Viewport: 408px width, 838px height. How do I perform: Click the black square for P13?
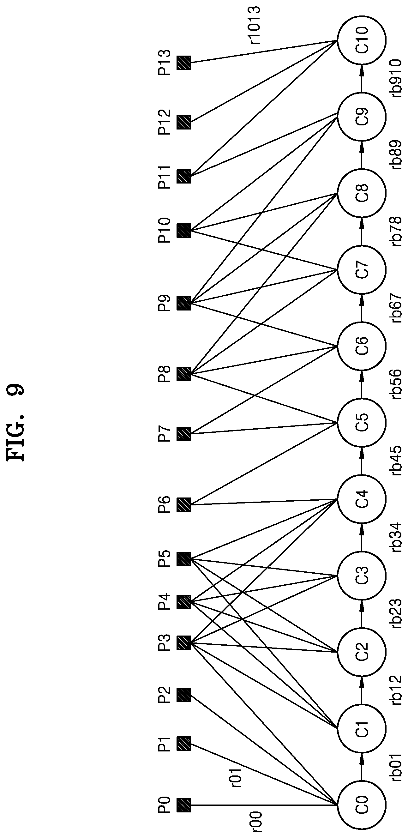[x=184, y=63]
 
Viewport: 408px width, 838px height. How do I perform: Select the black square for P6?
[x=184, y=505]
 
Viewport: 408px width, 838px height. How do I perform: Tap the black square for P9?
[x=184, y=303]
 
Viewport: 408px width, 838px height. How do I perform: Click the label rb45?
[x=396, y=461]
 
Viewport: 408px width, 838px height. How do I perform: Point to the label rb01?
[x=396, y=767]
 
